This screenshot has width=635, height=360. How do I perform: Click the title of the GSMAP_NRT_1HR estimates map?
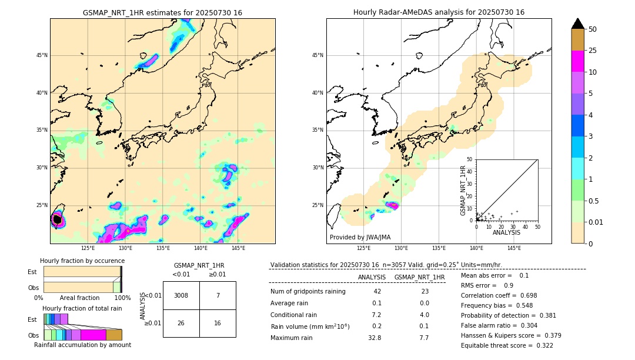[162, 12]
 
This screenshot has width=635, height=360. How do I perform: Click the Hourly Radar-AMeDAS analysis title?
[439, 12]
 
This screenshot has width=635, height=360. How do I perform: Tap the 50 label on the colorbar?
[593, 29]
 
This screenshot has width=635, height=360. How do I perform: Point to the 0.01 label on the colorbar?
[596, 222]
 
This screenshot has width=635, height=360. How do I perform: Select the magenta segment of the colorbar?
[578, 61]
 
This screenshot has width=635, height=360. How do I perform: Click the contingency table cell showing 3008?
[181, 295]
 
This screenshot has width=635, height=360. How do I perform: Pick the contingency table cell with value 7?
[218, 295]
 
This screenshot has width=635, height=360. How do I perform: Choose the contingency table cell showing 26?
[181, 323]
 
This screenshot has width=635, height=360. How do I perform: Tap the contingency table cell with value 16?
[218, 323]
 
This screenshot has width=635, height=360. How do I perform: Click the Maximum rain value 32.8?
[375, 338]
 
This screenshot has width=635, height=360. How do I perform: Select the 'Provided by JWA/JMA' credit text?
[360, 237]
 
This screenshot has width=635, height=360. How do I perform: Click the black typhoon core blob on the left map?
[57, 219]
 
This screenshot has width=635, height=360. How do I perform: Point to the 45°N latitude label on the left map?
[42, 55]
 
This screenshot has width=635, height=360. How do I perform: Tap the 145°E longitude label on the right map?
[514, 248]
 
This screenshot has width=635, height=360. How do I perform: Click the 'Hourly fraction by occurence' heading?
[82, 261]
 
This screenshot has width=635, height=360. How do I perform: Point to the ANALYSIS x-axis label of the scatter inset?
[506, 232]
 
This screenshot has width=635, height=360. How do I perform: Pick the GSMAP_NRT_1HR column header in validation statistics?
[419, 277]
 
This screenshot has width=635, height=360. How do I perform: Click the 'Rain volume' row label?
[310, 326]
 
